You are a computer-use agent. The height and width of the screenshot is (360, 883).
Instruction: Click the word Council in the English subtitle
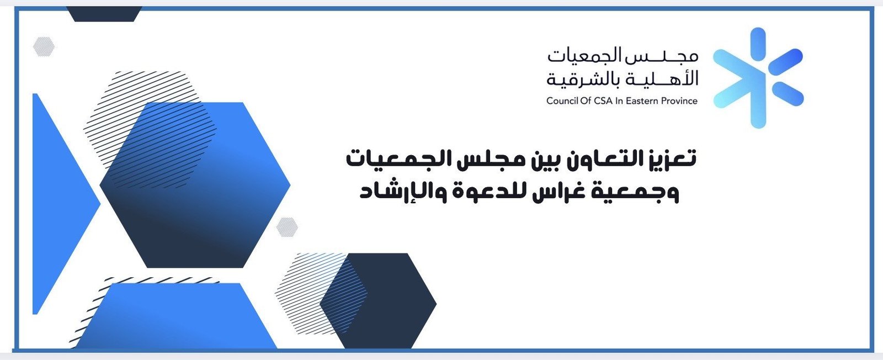pos(562,101)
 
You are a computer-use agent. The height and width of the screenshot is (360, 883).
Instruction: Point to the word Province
pos(679,101)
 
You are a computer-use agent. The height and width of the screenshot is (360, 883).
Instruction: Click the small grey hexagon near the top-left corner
pos(44,46)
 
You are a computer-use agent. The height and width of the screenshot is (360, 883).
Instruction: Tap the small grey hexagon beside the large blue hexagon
pos(287,227)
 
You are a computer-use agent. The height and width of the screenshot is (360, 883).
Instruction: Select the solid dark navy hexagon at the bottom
pos(378,301)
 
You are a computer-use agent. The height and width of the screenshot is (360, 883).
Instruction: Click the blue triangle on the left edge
pos(59,204)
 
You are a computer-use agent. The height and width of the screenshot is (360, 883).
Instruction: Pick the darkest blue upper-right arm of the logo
pos(786,62)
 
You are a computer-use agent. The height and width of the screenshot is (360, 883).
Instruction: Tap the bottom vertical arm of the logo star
pos(758,109)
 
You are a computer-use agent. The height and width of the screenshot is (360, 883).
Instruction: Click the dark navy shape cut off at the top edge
pos(104,14)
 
